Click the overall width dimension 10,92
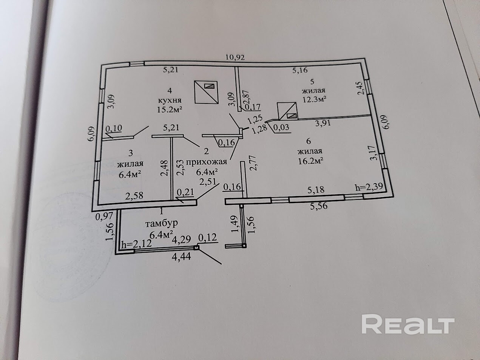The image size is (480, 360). tap(235, 58)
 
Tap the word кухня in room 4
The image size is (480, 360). tap(170, 100)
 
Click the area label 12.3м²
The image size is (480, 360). tap(314, 99)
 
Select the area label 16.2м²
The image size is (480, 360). tap(310, 161)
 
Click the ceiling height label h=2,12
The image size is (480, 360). tap(136, 244)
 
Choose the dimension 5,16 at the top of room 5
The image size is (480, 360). tap(301, 70)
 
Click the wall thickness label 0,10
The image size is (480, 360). tap(114, 128)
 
